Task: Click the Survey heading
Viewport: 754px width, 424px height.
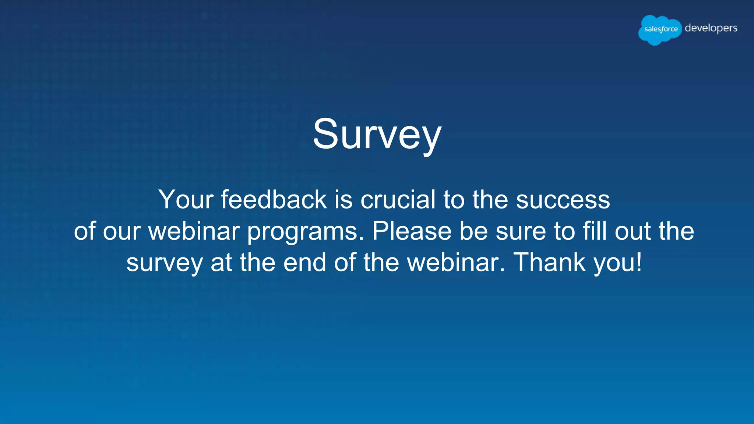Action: pos(377,134)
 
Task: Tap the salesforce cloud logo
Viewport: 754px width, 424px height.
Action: pos(660,29)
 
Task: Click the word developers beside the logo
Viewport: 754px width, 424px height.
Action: pos(711,28)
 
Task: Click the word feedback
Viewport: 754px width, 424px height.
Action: pos(274,200)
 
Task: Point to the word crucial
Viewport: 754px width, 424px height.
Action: pos(398,200)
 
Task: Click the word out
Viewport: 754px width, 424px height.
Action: pos(633,232)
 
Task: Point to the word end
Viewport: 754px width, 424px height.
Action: pos(305,263)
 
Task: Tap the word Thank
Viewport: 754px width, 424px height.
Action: pos(549,263)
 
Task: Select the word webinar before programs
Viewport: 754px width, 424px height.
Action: pos(194,231)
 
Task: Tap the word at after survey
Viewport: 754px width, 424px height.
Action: pos(221,263)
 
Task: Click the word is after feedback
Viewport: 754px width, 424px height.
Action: pos(343,200)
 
